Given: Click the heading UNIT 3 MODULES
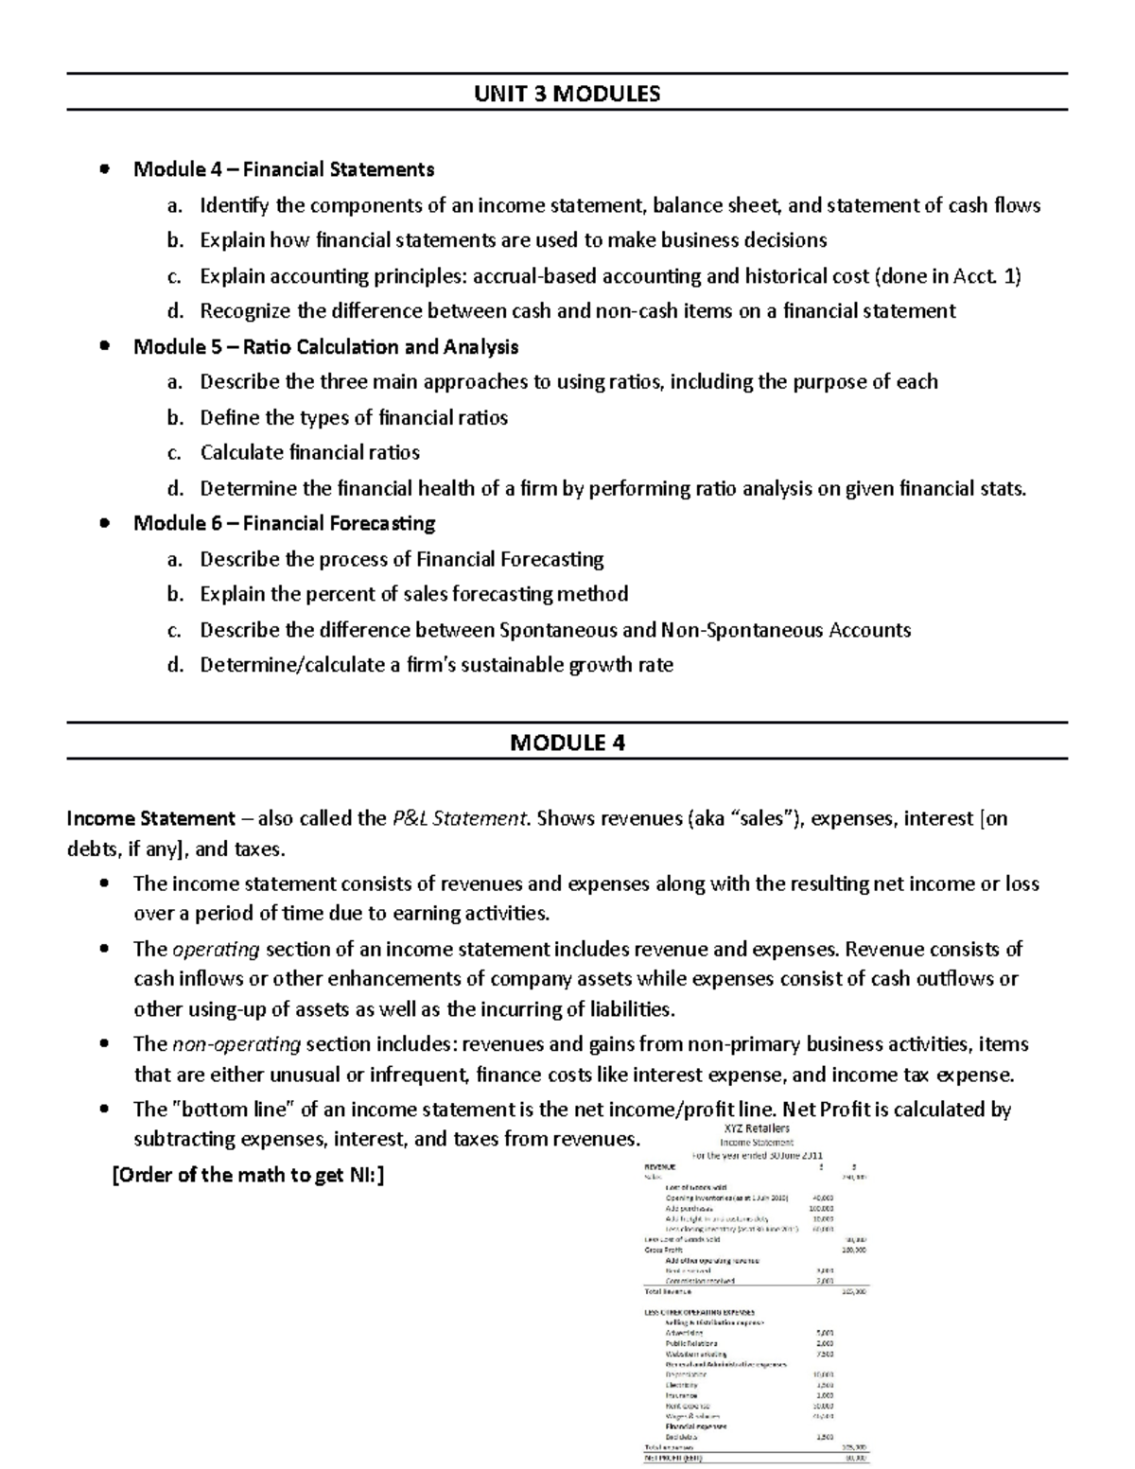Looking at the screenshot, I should point(567,93).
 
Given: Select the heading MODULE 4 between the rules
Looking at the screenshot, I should point(567,743).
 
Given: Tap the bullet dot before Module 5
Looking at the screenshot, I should point(106,346).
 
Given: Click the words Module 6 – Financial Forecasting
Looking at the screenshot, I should point(284,523).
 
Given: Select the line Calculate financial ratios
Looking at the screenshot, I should point(309,452).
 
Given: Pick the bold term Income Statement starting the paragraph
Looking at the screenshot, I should point(150,818).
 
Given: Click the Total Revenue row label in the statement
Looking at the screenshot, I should point(668,1291).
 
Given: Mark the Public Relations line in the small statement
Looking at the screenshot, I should point(691,1343).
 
